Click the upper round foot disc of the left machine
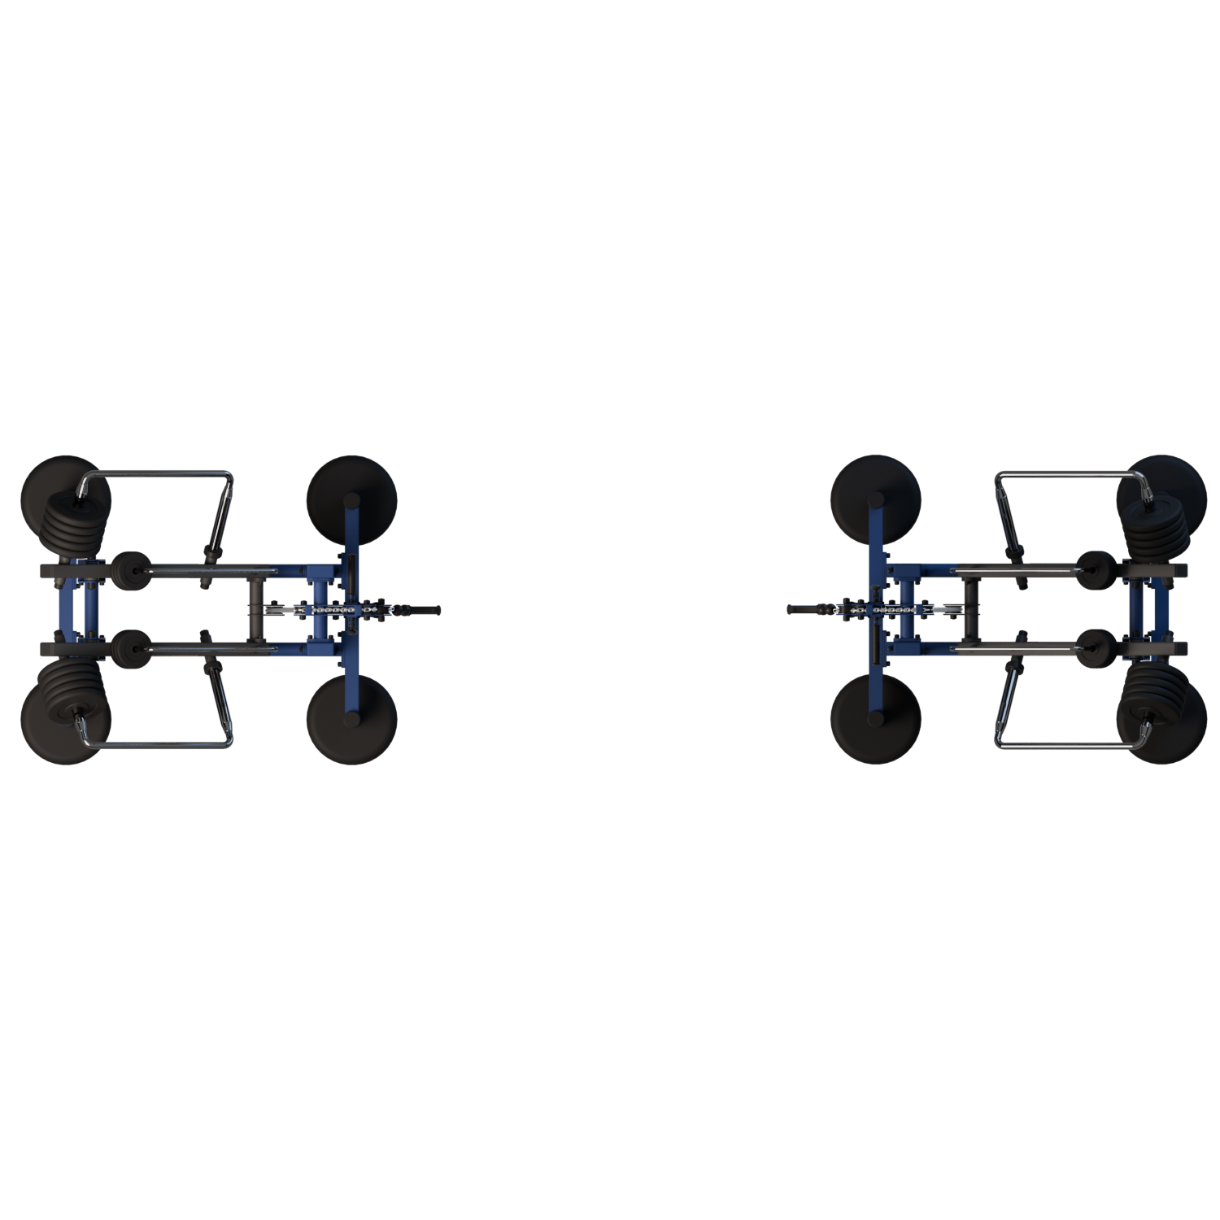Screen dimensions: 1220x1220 [x=351, y=495]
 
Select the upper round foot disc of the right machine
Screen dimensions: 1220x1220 [x=876, y=495]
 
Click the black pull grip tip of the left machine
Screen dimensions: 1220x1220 [x=431, y=608]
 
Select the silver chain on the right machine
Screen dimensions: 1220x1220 [x=894, y=608]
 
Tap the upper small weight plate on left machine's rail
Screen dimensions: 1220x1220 [x=129, y=566]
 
